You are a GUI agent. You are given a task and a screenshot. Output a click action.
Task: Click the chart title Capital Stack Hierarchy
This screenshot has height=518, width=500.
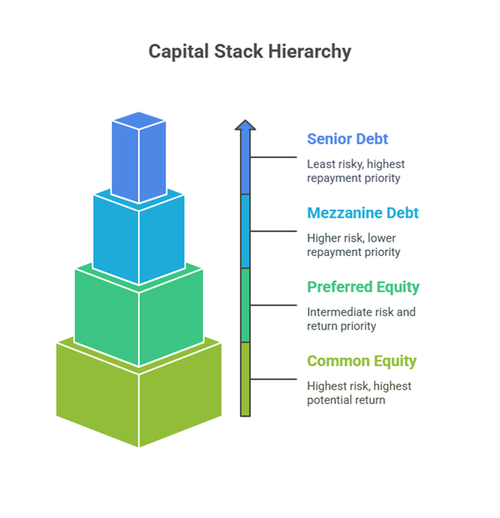pyautogui.click(x=250, y=51)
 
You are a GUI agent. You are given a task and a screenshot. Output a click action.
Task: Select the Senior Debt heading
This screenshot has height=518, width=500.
pyautogui.click(x=347, y=138)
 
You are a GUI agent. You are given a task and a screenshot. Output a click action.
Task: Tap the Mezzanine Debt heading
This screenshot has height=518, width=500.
pyautogui.click(x=363, y=213)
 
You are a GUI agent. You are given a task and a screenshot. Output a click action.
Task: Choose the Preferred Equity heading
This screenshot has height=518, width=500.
pyautogui.click(x=363, y=287)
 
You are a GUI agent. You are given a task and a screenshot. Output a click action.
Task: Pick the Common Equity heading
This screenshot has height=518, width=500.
pyautogui.click(x=362, y=361)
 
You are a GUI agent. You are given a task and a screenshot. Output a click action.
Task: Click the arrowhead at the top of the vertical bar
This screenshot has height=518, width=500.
pyautogui.click(x=245, y=125)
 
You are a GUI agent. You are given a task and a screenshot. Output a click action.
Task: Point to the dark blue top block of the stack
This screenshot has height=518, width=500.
pyautogui.click(x=138, y=158)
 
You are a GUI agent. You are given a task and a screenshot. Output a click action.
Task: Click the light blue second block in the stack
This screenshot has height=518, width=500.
pyautogui.click(x=138, y=238)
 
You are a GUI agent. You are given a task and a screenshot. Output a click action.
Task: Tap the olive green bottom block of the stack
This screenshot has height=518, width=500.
pyautogui.click(x=138, y=393)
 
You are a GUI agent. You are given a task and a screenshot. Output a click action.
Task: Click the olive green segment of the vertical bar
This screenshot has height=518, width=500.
pyautogui.click(x=245, y=379)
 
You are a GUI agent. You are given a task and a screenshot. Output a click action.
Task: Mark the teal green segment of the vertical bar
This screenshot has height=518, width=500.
pyautogui.click(x=245, y=305)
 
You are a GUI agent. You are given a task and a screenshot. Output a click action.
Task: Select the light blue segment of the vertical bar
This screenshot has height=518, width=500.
pyautogui.click(x=245, y=231)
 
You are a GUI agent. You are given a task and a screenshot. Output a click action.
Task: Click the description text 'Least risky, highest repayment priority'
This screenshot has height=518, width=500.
pyautogui.click(x=355, y=171)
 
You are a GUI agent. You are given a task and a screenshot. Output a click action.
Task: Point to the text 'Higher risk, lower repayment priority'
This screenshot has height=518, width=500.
pyautogui.click(x=353, y=245)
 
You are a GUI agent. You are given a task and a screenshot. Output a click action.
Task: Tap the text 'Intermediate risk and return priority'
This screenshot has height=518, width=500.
pyautogui.click(x=361, y=319)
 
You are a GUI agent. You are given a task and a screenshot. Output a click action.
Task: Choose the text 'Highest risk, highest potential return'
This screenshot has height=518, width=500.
pyautogui.click(x=359, y=393)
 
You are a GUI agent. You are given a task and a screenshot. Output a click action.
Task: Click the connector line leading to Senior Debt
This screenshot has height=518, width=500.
pyautogui.click(x=274, y=157)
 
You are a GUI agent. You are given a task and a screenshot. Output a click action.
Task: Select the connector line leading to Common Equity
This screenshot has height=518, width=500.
pyautogui.click(x=274, y=379)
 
